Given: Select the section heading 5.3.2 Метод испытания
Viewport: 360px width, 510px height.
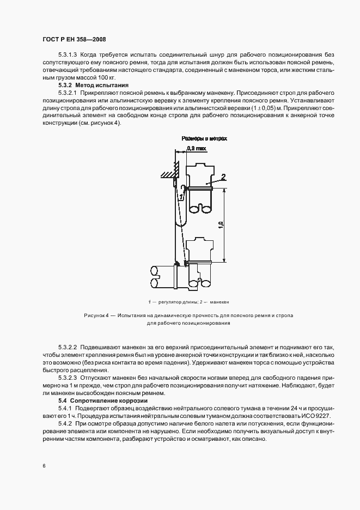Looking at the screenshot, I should pyautogui.click(x=93, y=86).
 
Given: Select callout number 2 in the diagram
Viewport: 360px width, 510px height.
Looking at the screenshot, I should pyautogui.click(x=223, y=177).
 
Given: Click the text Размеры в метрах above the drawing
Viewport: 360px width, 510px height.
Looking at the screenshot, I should pyautogui.click(x=204, y=138).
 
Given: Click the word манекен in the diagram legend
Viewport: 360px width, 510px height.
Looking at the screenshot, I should pyautogui.click(x=219, y=301).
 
